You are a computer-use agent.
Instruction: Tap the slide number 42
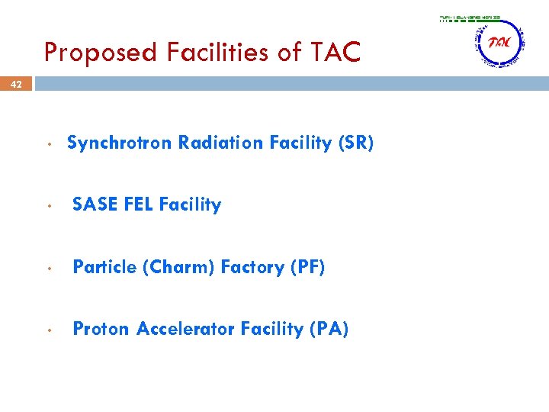[16, 85]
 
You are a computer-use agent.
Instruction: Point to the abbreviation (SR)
[355, 143]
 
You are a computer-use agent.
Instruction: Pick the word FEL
[138, 204]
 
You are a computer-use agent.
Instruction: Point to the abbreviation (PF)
[307, 267]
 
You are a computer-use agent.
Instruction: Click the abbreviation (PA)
[329, 329]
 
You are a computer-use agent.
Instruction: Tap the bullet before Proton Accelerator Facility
[48, 330]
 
